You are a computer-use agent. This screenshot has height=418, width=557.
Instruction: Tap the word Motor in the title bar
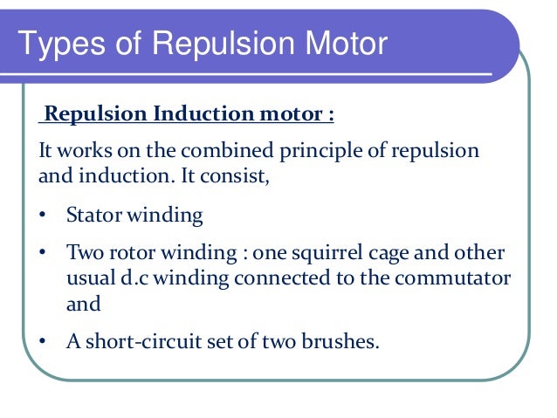click(x=337, y=44)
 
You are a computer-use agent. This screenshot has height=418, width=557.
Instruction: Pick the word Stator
click(x=93, y=215)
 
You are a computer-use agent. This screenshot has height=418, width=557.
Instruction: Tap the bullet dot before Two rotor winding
click(x=44, y=253)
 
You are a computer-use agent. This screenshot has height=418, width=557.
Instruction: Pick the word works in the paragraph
click(x=85, y=150)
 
